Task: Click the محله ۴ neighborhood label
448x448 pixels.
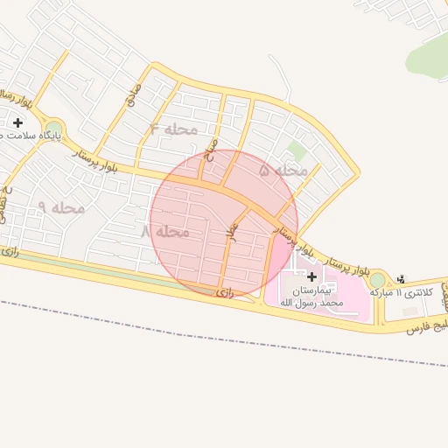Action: tap(174, 129)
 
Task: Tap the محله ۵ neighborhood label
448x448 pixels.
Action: tap(284, 171)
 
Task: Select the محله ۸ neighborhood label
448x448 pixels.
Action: tap(165, 232)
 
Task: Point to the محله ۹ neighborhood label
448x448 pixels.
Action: tap(61, 207)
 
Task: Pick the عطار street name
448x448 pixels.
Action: tap(232, 231)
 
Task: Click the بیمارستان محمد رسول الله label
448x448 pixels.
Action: tap(311, 295)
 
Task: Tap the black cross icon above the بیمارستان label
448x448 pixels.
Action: tap(311, 276)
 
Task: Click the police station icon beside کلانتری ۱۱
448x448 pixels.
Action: tap(401, 279)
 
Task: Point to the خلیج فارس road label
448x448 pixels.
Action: tap(426, 326)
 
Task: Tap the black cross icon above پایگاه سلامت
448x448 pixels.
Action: tap(17, 122)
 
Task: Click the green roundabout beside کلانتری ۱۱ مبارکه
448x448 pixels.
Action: tap(377, 280)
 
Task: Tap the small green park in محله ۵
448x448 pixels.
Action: tap(297, 151)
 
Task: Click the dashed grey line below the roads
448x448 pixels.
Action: tap(219, 332)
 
